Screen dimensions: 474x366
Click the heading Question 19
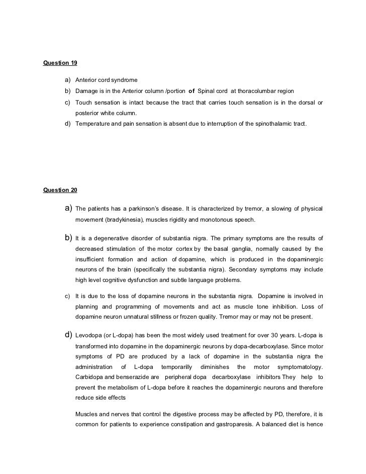click(x=60, y=64)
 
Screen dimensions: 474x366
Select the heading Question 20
click(x=60, y=190)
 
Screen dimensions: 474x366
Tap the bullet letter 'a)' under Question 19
click(x=67, y=80)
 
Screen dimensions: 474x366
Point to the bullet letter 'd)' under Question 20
click(x=68, y=334)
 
